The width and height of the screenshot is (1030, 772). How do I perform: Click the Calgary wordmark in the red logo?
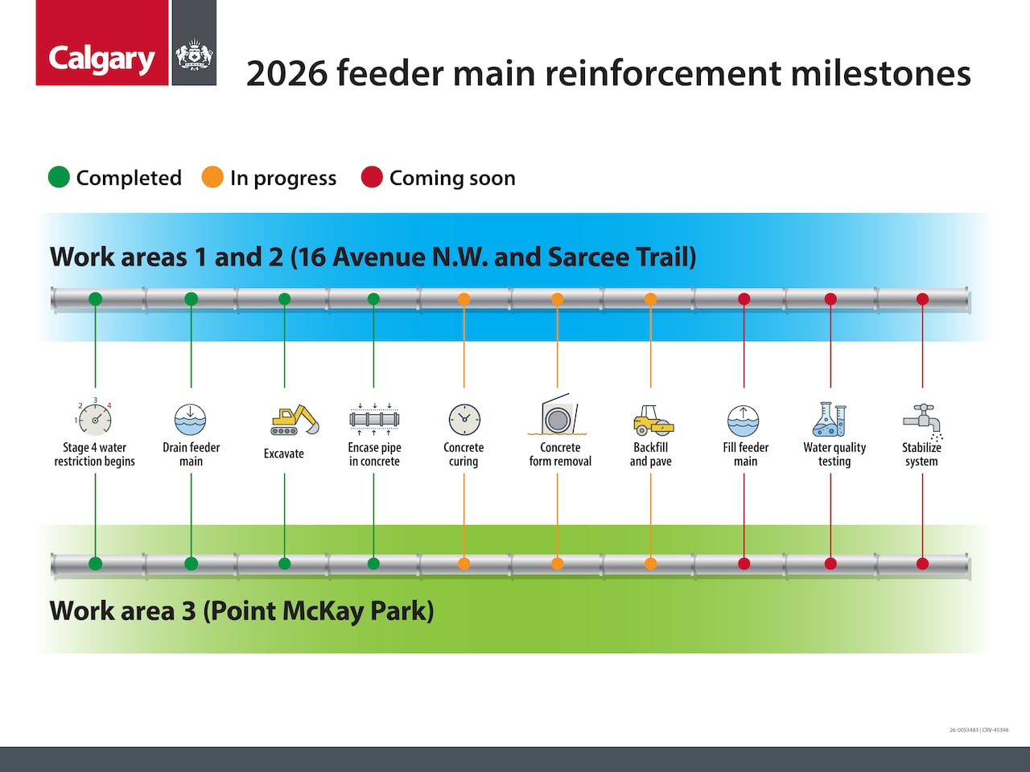[x=101, y=59]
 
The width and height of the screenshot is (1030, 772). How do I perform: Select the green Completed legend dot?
[x=59, y=178]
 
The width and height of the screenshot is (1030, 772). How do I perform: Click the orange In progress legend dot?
[x=212, y=178]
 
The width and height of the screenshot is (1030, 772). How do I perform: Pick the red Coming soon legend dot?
[x=372, y=178]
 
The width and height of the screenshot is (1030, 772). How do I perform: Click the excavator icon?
[x=294, y=420]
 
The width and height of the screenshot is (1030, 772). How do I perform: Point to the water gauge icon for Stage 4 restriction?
[x=95, y=417]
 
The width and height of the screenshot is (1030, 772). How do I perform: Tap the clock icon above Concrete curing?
[x=463, y=420]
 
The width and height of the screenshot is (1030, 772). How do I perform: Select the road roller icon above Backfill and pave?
[x=652, y=420]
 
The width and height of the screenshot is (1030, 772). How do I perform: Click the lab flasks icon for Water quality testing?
[x=830, y=419]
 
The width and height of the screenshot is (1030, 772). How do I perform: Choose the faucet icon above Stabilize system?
[x=922, y=420]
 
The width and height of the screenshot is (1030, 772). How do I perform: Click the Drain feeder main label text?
[x=191, y=454]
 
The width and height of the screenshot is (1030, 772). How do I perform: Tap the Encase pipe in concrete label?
[x=374, y=454]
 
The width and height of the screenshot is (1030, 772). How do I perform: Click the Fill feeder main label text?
[x=745, y=454]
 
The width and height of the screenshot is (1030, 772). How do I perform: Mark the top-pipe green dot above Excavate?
[x=284, y=299]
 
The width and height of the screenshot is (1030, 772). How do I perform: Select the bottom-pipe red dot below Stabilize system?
[x=922, y=564]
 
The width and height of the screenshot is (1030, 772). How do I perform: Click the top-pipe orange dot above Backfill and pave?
[x=650, y=299]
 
